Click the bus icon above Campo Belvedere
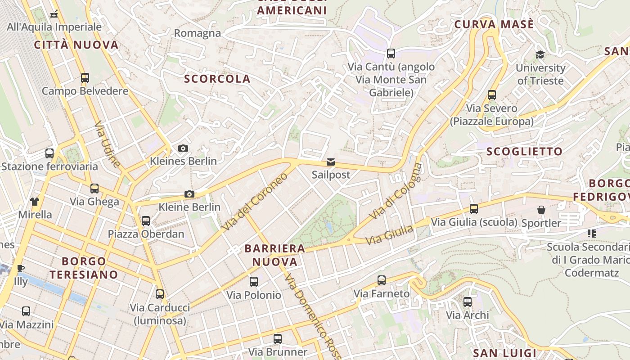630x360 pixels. click(x=85, y=77)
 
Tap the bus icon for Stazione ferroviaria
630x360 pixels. click(x=49, y=153)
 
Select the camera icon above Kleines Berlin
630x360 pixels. click(x=183, y=148)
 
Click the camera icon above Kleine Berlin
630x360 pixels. click(x=189, y=194)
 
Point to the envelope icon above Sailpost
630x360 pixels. click(x=331, y=162)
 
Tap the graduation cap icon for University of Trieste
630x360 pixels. click(x=540, y=55)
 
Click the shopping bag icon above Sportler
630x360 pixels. click(x=541, y=210)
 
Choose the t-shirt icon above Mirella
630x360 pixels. click(x=35, y=201)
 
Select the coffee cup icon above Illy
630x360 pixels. click(x=21, y=269)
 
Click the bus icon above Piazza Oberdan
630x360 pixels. click(x=146, y=220)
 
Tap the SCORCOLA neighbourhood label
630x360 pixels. click(x=217, y=79)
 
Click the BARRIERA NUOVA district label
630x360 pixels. click(x=274, y=255)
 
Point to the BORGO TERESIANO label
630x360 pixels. click(x=84, y=268)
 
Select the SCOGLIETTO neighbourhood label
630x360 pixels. click(x=524, y=152)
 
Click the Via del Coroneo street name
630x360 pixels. click(x=255, y=202)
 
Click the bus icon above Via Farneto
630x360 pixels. click(x=382, y=280)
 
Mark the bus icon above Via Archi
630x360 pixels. click(x=468, y=301)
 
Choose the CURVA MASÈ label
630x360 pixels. click(x=494, y=24)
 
